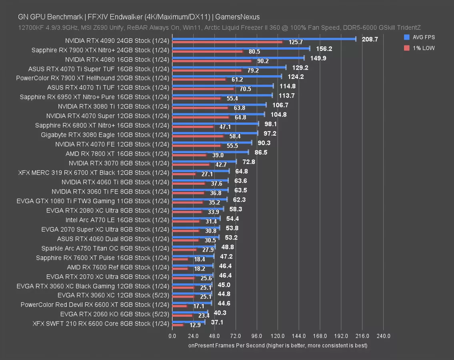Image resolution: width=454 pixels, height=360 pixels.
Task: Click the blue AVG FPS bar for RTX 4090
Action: pos(264,39)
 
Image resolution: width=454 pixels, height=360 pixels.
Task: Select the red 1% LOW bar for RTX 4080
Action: pos(212,61)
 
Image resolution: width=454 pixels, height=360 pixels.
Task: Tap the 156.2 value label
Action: pos(324,48)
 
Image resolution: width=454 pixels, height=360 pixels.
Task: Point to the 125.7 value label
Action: pos(296,42)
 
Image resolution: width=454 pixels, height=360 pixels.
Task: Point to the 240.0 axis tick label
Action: pos(384,336)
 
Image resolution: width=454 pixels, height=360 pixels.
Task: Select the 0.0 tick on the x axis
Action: pos(172,336)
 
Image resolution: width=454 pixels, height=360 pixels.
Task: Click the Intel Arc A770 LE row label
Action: pos(117,220)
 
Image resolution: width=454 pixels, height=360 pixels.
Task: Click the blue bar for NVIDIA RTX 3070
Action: pos(204,162)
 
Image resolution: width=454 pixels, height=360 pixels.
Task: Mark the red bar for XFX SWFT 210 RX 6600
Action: pos(178,325)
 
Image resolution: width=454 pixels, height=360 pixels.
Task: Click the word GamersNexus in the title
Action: pos(237,17)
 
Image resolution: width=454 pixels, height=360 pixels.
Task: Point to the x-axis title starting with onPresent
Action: pos(278,345)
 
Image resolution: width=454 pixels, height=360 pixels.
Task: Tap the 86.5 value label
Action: pos(260,152)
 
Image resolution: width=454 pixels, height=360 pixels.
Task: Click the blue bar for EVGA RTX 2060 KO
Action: pos(190,313)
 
